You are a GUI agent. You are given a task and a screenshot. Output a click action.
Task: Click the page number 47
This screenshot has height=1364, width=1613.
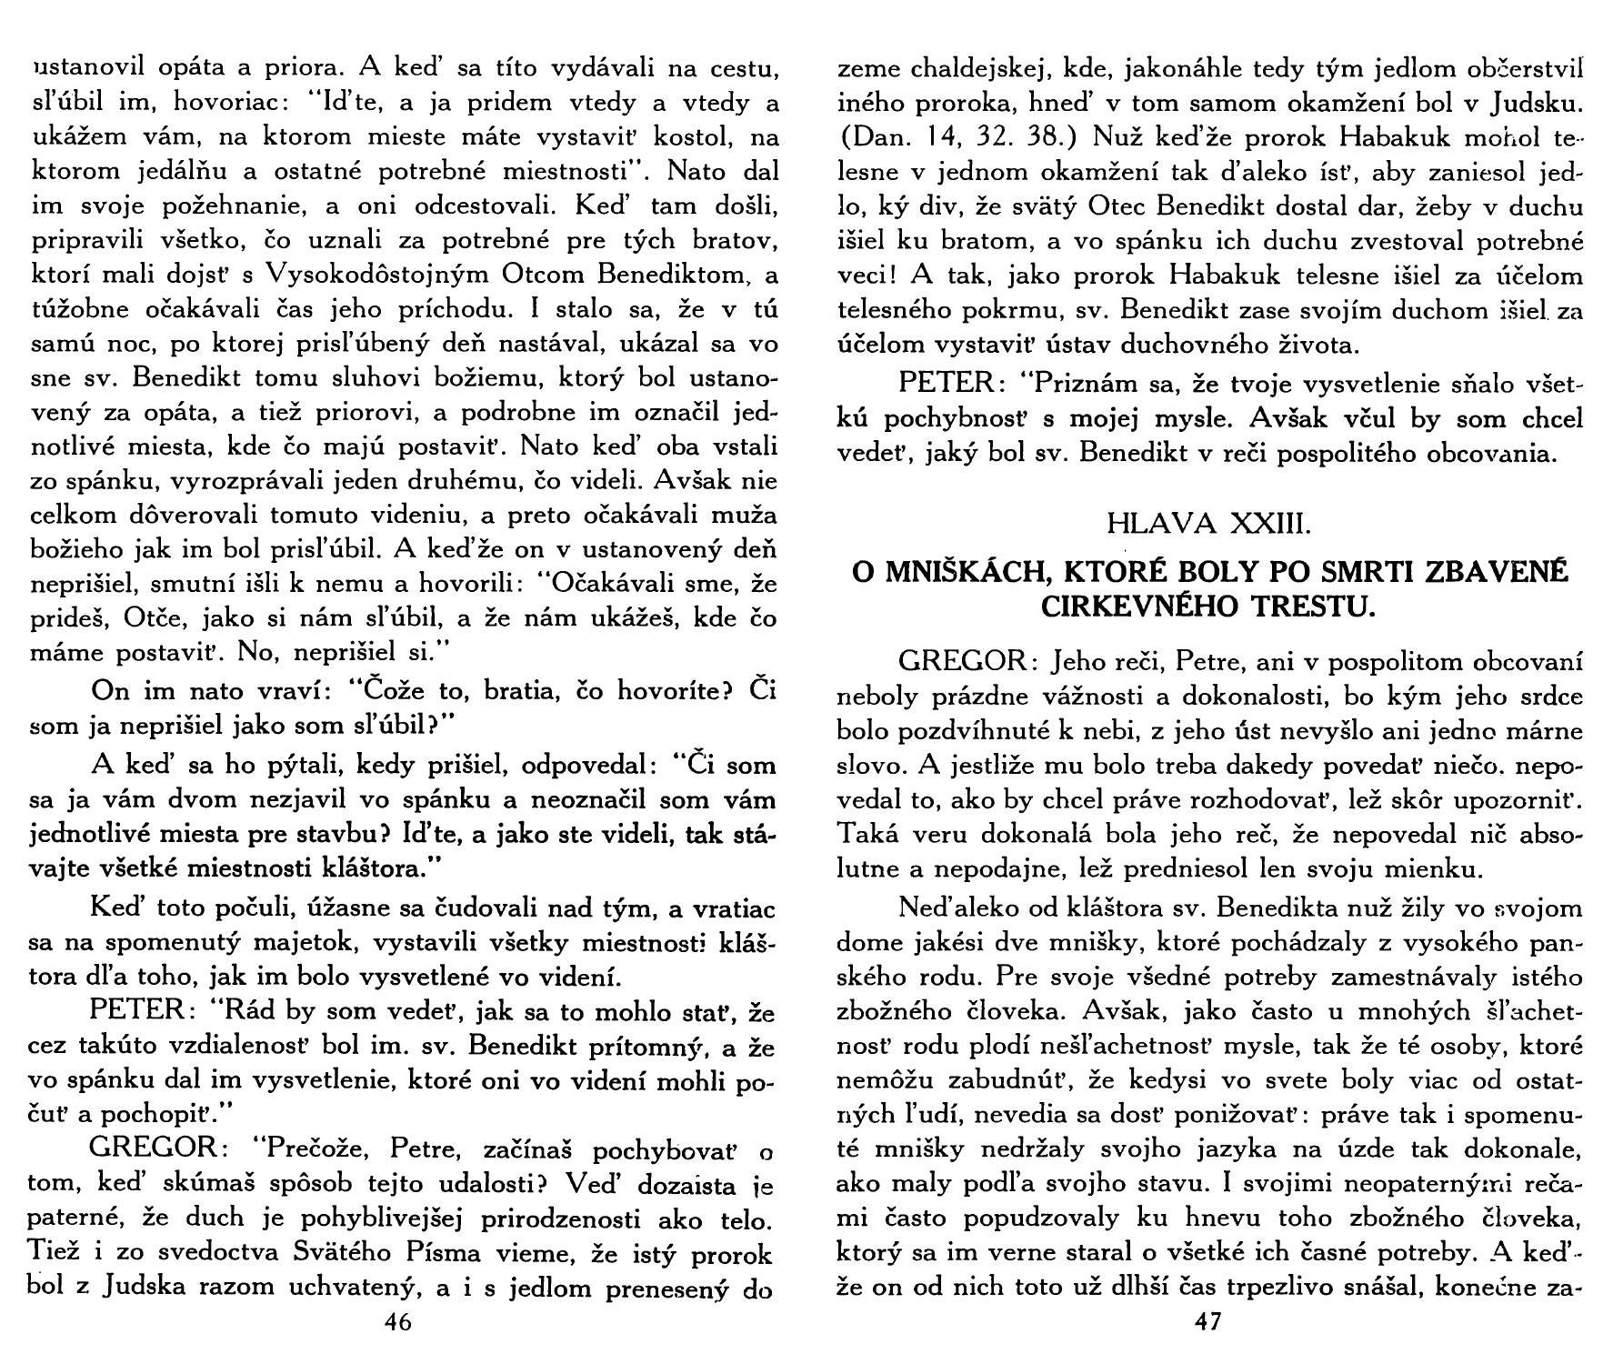pos(1208,1322)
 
